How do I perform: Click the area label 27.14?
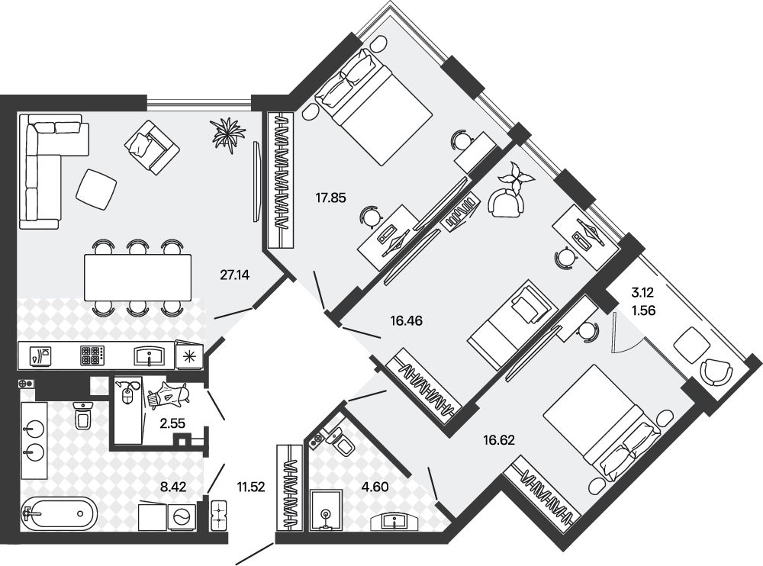pos(234,275)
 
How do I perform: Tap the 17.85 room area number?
pos(330,198)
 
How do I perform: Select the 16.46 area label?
pos(407,320)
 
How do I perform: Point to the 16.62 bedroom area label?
pos(499,440)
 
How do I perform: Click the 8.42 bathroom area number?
pos(173,487)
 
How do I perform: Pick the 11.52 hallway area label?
pos(250,487)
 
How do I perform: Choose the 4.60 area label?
pos(375,487)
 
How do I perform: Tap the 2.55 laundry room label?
pos(172,423)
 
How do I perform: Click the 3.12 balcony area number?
pos(642,293)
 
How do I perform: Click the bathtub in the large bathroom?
pos(60,513)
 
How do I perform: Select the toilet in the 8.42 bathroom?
pos(83,414)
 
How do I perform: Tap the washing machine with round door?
pos(182,516)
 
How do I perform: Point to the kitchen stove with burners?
pos(92,355)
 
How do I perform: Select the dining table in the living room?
pos(137,278)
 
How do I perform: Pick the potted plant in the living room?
pos(227,132)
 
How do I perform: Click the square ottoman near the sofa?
pos(96,189)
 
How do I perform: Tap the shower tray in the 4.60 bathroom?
pos(326,510)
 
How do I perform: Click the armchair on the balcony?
pos(716,372)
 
